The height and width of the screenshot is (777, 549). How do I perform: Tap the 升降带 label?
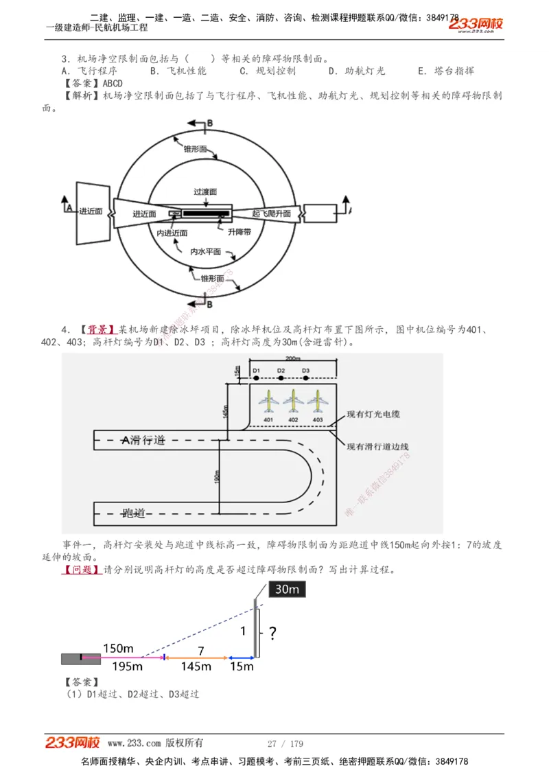point(239,232)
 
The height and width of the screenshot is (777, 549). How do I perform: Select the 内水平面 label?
point(206,251)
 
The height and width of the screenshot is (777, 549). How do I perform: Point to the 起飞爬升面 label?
point(271,213)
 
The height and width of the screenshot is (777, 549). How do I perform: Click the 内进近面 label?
point(172,233)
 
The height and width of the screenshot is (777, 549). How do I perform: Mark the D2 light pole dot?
point(281,377)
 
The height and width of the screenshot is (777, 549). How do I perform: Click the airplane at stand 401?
point(268,400)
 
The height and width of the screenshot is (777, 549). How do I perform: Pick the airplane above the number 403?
point(317,400)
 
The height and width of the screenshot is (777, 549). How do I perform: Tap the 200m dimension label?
point(292,359)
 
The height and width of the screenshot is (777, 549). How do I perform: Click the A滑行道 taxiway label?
point(143,440)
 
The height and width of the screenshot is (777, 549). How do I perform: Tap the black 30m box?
point(287,589)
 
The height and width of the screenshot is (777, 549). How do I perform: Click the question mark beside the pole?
point(272,633)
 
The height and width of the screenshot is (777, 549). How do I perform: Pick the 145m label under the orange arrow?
point(196,666)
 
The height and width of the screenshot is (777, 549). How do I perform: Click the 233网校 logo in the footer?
point(73,743)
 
